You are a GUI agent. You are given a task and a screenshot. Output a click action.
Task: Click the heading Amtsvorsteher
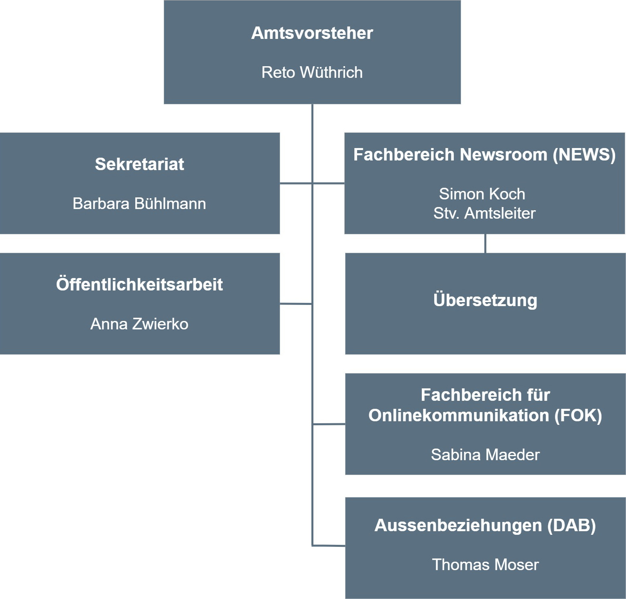pyautogui.click(x=312, y=33)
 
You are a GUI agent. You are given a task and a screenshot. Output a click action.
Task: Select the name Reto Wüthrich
pyautogui.click(x=312, y=72)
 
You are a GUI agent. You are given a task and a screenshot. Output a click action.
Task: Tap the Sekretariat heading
pyautogui.click(x=139, y=164)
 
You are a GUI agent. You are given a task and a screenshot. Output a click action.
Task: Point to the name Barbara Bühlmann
pyautogui.click(x=139, y=203)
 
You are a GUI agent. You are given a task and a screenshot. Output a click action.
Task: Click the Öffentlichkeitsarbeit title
pyautogui.click(x=139, y=284)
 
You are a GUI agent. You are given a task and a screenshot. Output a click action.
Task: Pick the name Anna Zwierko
pyautogui.click(x=139, y=324)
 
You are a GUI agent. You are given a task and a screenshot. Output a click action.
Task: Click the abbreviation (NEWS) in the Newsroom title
pyautogui.click(x=584, y=155)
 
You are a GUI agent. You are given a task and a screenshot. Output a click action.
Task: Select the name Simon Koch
pyautogui.click(x=482, y=194)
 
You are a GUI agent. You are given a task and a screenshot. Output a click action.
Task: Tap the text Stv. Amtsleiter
pyautogui.click(x=484, y=213)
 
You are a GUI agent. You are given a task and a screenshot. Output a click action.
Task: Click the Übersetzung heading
pyautogui.click(x=485, y=300)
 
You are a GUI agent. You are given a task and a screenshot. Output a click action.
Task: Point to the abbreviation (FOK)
pyautogui.click(x=578, y=415)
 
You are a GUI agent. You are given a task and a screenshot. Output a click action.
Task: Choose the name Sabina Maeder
pyautogui.click(x=485, y=455)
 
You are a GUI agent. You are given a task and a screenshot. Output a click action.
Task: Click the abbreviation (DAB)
pyautogui.click(x=572, y=525)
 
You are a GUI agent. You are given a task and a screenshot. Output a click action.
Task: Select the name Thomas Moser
pyautogui.click(x=485, y=564)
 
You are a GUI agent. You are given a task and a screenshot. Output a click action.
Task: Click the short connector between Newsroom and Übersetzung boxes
pyautogui.click(x=486, y=244)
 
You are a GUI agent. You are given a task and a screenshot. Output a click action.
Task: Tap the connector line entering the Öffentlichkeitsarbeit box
pyautogui.click(x=296, y=304)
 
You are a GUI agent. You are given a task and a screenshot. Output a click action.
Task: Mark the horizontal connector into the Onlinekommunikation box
pyautogui.click(x=329, y=424)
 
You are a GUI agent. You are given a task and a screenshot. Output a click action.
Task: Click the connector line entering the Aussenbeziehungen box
pyautogui.click(x=329, y=546)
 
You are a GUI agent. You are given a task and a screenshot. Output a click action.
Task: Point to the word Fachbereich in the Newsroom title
pyautogui.click(x=404, y=155)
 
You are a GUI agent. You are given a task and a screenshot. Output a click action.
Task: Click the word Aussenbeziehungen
pyautogui.click(x=458, y=526)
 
